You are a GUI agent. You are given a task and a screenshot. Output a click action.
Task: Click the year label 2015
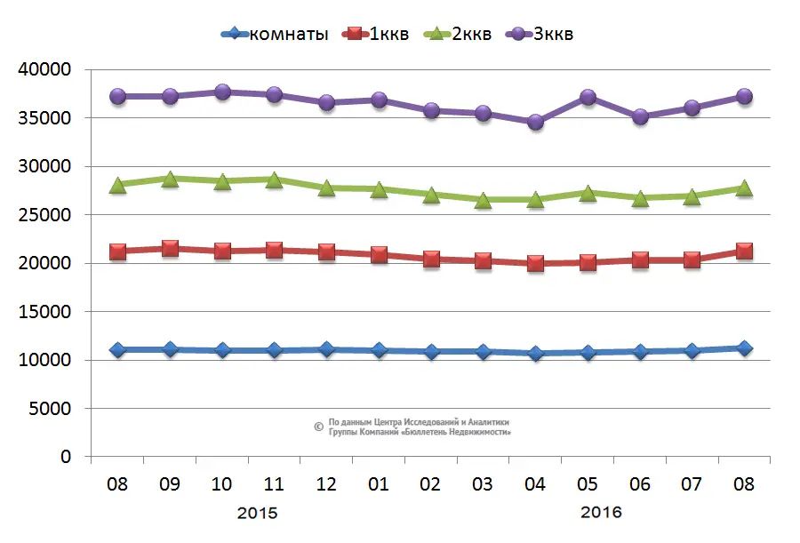tap(258, 513)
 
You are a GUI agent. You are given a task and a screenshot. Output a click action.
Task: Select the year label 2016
tap(601, 513)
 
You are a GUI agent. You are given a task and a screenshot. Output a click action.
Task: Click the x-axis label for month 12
tap(326, 484)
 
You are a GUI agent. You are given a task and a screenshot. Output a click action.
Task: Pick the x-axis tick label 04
tap(535, 484)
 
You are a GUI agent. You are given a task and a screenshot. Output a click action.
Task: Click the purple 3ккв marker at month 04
tap(535, 122)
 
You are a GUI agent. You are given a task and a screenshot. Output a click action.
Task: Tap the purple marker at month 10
tap(222, 92)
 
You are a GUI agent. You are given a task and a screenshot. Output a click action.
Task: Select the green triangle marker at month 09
tap(170, 179)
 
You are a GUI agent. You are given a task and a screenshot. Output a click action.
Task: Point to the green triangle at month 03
tap(483, 200)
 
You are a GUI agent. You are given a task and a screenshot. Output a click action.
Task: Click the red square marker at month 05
tap(588, 262)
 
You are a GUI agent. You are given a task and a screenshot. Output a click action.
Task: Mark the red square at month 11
tap(274, 250)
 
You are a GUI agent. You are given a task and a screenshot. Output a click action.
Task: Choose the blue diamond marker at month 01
tap(379, 350)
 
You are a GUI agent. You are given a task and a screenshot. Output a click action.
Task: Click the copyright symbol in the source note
tap(318, 427)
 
